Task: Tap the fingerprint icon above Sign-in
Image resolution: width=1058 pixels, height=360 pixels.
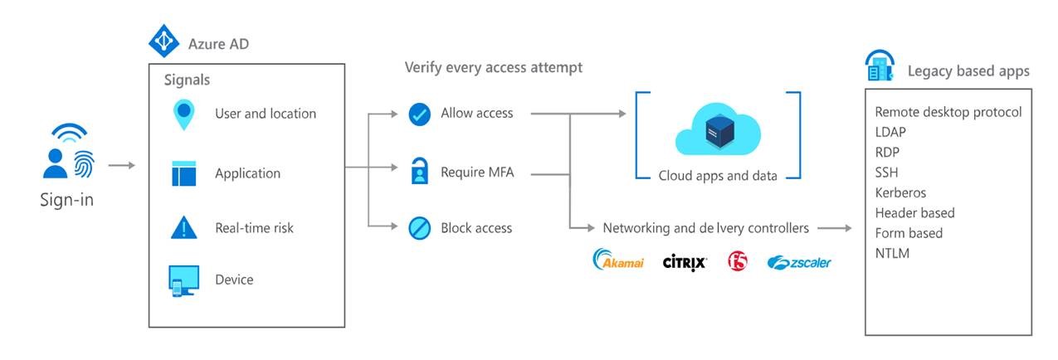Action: (x=84, y=163)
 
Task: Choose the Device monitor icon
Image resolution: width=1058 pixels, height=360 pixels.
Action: (x=183, y=280)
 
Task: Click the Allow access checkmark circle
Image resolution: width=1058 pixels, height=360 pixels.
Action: (x=420, y=114)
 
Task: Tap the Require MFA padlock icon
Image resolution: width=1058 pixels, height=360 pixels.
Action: (x=420, y=173)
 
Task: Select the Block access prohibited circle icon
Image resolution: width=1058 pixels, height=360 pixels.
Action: (x=420, y=228)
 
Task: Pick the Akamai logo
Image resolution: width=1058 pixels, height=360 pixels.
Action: (x=619, y=261)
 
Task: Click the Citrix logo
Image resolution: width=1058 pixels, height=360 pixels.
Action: (x=685, y=262)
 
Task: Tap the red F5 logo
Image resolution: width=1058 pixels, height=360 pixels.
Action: (x=737, y=261)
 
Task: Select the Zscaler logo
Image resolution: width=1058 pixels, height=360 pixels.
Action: (x=799, y=262)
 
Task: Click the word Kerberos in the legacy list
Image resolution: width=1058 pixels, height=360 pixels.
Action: (x=900, y=192)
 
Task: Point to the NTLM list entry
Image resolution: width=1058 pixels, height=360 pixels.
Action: (x=893, y=253)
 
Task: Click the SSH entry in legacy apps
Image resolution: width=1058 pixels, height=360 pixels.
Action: (x=887, y=173)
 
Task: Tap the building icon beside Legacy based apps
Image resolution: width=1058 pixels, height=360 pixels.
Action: (x=880, y=66)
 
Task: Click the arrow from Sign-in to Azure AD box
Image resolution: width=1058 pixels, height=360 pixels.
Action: (x=121, y=165)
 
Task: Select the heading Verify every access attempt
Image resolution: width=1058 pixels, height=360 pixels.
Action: (x=493, y=67)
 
